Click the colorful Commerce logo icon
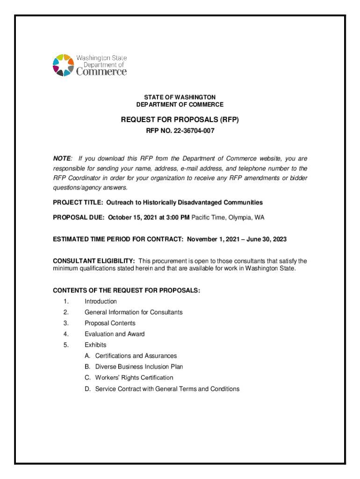[x=63, y=65]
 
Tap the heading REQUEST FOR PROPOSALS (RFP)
[x=180, y=120]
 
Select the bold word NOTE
[x=62, y=159]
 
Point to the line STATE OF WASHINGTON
[x=180, y=97]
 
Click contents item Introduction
[x=101, y=301]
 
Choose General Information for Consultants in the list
[x=133, y=312]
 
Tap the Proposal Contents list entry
[x=110, y=323]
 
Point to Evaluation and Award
[x=115, y=334]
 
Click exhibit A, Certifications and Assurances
[x=136, y=356]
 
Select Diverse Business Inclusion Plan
[x=139, y=367]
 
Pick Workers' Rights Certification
[x=134, y=377]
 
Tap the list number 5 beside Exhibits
[x=66, y=345]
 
